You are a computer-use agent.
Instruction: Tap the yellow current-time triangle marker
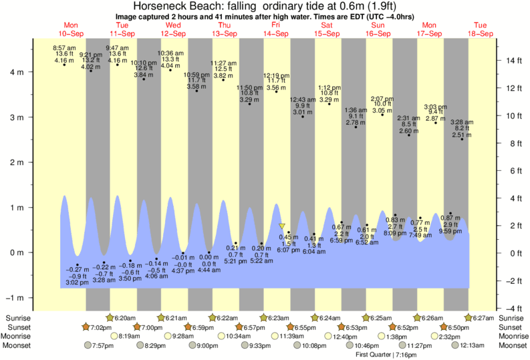click(282, 227)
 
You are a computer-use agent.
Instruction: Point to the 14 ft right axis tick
click(513, 61)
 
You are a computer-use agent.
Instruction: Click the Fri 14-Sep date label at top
click(275, 30)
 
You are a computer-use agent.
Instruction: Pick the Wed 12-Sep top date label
click(173, 30)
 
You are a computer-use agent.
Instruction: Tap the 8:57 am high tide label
click(64, 48)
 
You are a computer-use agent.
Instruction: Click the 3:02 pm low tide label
click(78, 283)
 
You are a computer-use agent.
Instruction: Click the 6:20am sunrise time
click(124, 318)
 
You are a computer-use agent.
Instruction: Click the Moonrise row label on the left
click(20, 337)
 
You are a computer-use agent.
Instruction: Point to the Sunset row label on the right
click(511, 327)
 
